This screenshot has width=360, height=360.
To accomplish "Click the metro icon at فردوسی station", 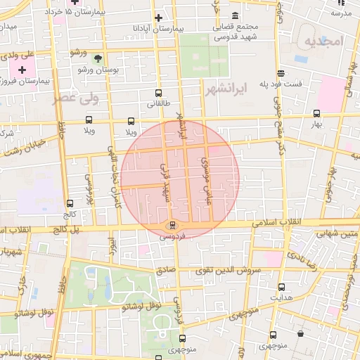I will click(x=171, y=226).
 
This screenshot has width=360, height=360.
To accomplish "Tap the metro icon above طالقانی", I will click(x=157, y=93).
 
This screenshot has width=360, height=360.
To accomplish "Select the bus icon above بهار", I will click(x=316, y=113).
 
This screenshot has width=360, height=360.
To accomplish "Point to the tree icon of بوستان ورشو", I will click(x=98, y=60).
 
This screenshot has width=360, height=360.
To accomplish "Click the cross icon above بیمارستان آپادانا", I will click(x=158, y=18).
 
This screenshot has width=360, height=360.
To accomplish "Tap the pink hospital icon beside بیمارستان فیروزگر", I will click(x=22, y=70).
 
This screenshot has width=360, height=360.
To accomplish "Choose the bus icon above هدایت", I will click(x=281, y=287).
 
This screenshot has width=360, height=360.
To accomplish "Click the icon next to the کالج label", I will click(x=69, y=202).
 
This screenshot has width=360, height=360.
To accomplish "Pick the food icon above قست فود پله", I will click(x=281, y=73).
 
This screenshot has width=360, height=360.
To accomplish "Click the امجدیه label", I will click(x=323, y=41).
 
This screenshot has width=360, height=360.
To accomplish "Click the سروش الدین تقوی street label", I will click(x=236, y=271).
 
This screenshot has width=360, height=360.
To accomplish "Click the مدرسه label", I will click(x=340, y=13).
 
